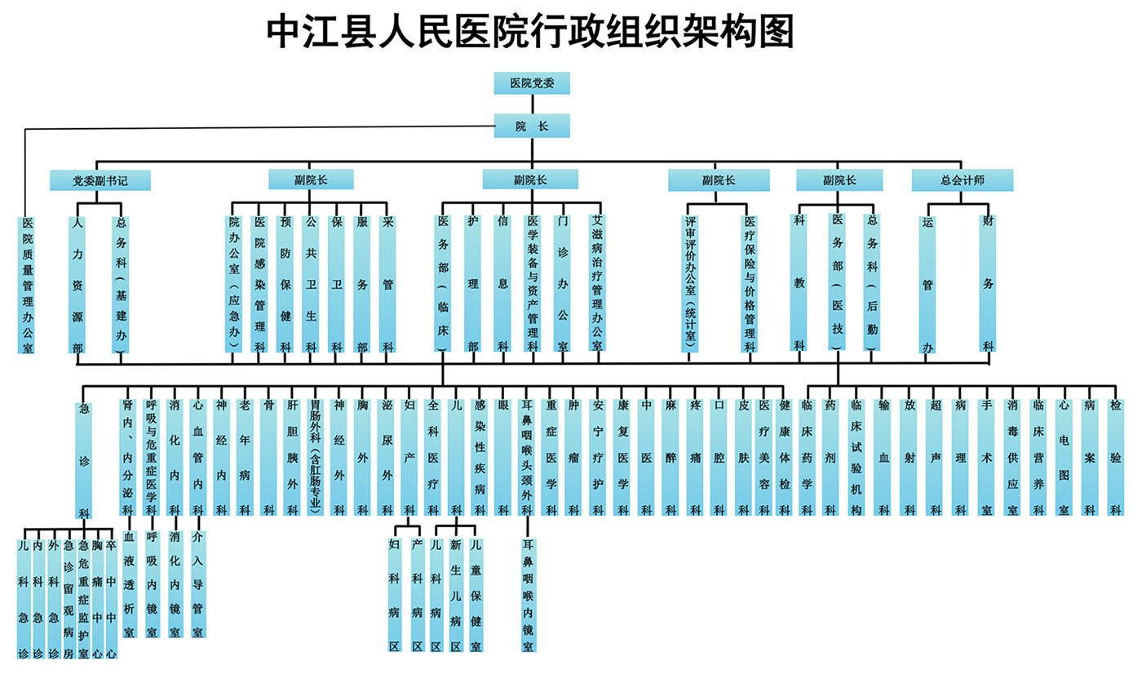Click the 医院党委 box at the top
[x=532, y=83]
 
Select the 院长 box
[x=532, y=126]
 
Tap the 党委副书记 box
[x=100, y=180]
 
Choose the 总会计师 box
[x=963, y=180]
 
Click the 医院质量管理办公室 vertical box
[x=27, y=284]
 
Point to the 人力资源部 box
[x=77, y=284]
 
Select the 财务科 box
[x=988, y=282]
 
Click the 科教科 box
[x=799, y=282]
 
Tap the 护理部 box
[x=472, y=282]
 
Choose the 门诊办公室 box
[x=562, y=282]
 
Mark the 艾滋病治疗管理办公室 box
[x=596, y=282]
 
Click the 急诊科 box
[x=83, y=459]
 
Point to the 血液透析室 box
[x=129, y=583]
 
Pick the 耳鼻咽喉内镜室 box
[x=528, y=594]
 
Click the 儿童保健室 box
[x=476, y=594]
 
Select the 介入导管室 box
[x=197, y=583]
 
